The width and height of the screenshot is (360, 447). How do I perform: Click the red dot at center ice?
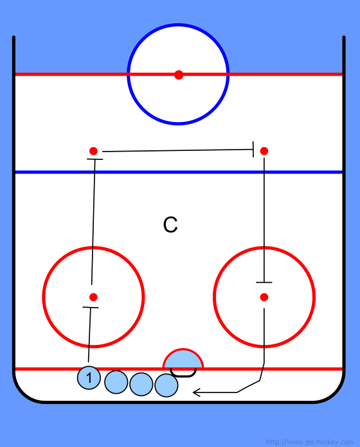pyautogui.click(x=179, y=74)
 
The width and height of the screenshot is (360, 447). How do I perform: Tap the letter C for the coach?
pyautogui.click(x=170, y=225)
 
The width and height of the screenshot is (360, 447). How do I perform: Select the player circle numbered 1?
pyautogui.click(x=89, y=378)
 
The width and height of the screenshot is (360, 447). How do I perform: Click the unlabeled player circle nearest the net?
pyautogui.click(x=166, y=385)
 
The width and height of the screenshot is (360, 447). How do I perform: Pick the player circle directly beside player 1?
pyautogui.click(x=116, y=382)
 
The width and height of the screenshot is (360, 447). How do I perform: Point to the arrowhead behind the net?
pyautogui.click(x=197, y=392)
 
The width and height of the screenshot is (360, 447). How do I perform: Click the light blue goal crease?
pyautogui.click(x=183, y=358)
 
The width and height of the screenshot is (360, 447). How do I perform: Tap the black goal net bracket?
pyautogui.click(x=183, y=373)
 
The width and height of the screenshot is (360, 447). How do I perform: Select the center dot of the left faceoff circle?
pyautogui.click(x=93, y=297)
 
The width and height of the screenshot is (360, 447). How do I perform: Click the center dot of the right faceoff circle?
pyautogui.click(x=264, y=297)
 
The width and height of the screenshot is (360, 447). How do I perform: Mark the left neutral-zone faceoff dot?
pyautogui.click(x=93, y=151)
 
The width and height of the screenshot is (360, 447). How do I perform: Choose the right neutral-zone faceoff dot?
pyautogui.click(x=264, y=151)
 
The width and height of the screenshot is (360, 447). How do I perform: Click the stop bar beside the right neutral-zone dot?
pyautogui.click(x=253, y=149)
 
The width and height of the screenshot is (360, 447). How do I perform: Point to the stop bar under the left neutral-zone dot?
pyautogui.click(x=94, y=159)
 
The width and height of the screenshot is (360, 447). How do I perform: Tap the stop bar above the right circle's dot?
pyautogui.click(x=264, y=283)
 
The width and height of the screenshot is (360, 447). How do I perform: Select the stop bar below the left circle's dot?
pyautogui.click(x=91, y=307)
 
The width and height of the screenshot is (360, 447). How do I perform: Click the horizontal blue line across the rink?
pyautogui.click(x=179, y=172)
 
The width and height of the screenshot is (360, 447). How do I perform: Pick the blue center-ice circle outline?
pyautogui.click(x=178, y=24)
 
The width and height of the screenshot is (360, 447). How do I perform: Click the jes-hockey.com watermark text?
pyautogui.click(x=309, y=442)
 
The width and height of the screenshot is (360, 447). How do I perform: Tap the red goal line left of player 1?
pyautogui.click(x=46, y=369)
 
